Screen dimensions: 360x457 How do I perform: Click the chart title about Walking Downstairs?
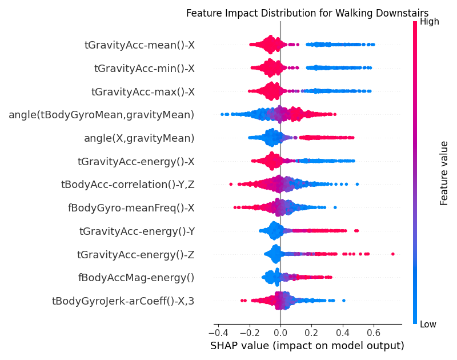click(307, 13)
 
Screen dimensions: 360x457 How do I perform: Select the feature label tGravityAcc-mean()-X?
click(139, 45)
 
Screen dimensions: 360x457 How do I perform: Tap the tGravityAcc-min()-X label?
click(145, 68)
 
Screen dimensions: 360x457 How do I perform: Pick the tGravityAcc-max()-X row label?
click(143, 91)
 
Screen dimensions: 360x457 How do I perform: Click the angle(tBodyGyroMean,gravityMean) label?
click(102, 115)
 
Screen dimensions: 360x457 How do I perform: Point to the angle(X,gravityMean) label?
click(139, 138)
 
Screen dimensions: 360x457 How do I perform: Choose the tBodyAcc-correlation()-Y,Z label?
click(127, 185)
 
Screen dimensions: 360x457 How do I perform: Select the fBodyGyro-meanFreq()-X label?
click(131, 208)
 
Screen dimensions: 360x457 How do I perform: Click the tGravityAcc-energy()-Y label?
click(137, 231)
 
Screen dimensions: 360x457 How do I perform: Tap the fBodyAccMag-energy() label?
click(136, 278)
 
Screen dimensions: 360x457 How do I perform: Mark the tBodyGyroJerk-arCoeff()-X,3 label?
click(123, 301)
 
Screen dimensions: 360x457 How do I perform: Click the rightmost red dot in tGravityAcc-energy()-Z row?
click(393, 254)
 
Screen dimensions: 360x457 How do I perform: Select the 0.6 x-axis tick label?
click(374, 333)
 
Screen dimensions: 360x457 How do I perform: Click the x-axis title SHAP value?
click(307, 346)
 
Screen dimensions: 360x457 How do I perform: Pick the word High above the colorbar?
click(429, 22)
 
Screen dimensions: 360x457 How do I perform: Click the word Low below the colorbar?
click(428, 325)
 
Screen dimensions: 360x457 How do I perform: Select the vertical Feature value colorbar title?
click(444, 173)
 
